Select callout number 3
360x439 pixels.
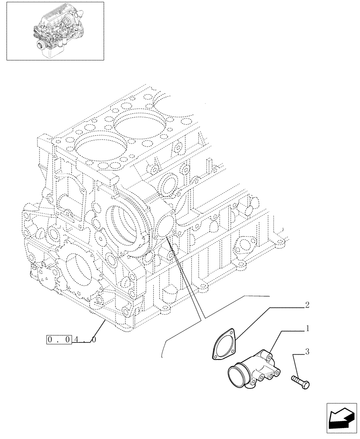coord(307,351)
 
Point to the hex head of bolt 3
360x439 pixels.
coord(306,385)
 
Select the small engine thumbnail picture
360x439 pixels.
coord(55,31)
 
